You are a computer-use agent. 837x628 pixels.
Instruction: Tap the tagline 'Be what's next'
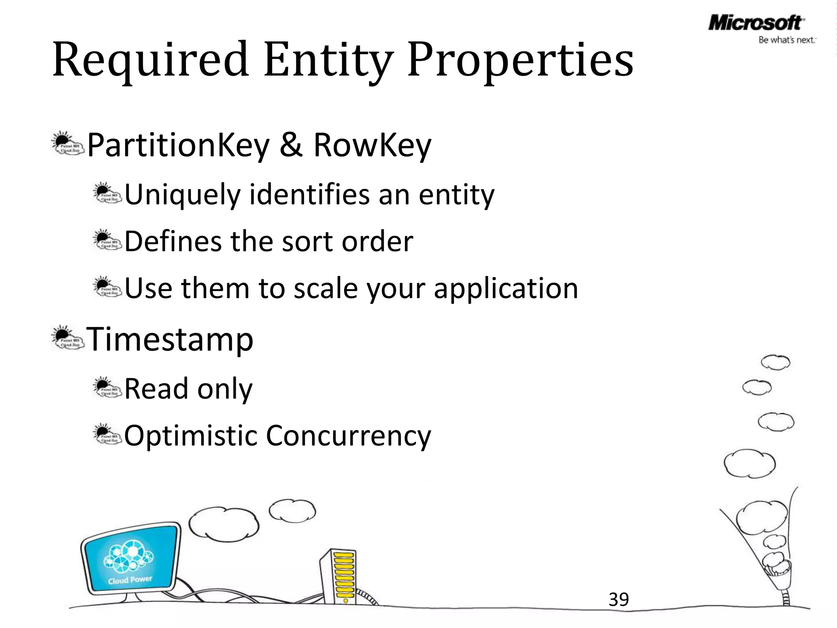787,40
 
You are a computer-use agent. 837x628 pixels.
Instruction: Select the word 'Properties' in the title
520,61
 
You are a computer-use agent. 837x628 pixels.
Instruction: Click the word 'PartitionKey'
178,146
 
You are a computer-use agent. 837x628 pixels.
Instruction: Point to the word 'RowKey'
372,146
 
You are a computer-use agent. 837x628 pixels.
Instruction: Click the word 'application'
506,289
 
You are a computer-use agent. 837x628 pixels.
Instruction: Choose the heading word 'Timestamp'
170,339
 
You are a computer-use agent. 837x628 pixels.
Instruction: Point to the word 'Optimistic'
190,435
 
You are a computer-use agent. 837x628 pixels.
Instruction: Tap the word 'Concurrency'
348,436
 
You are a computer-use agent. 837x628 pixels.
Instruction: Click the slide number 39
618,599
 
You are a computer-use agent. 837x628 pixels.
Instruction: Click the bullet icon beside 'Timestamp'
67,338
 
